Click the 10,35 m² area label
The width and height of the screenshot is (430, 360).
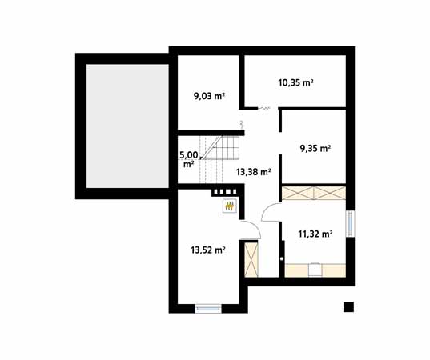coord(296,82)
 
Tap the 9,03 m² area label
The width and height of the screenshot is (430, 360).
coord(209,96)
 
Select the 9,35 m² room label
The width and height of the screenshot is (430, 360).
coord(315,149)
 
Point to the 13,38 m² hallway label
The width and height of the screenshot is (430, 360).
coord(254,172)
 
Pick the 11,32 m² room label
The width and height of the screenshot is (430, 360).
coord(315,234)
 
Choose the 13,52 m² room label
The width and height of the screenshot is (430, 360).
coord(208,250)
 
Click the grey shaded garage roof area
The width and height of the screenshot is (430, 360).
coord(127,126)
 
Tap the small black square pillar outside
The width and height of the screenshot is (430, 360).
coord(348,307)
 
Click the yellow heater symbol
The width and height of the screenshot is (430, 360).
coord(230,206)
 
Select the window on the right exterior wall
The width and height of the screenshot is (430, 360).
coord(350,223)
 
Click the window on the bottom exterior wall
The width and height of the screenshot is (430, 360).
coord(208,309)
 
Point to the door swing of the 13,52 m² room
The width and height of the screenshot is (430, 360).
coord(256,226)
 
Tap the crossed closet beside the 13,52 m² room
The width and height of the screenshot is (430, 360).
coord(251,259)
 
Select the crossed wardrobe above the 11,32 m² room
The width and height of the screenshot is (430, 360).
coord(314,193)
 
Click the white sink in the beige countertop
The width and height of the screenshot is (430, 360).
coord(315,270)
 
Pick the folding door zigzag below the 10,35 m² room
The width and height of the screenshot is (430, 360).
coord(263,109)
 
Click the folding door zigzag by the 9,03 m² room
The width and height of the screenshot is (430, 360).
coord(242,125)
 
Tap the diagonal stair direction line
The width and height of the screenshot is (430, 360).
coord(211,147)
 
